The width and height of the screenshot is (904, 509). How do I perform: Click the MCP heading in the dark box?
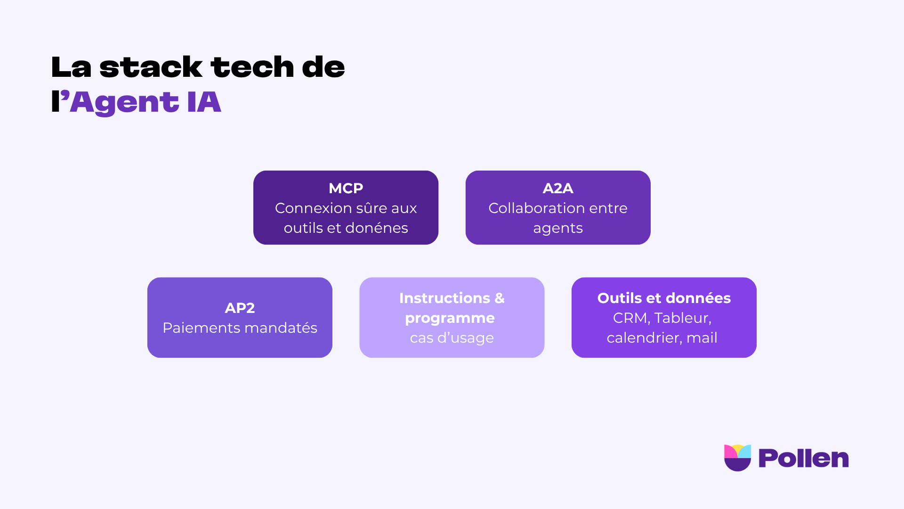[x=346, y=188]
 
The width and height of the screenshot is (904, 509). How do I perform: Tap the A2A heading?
[x=558, y=188]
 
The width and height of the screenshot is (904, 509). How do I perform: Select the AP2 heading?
[x=240, y=308]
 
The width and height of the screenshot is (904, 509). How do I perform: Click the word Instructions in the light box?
[x=444, y=298]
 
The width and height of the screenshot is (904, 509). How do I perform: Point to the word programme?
[x=450, y=318]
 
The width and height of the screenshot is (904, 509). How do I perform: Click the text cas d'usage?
[x=452, y=338]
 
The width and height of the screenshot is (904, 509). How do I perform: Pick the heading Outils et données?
[x=664, y=298]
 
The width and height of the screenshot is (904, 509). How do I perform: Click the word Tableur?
[x=682, y=318]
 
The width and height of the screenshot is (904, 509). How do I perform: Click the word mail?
[x=702, y=338]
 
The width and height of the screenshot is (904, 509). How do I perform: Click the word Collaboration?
[x=533, y=208]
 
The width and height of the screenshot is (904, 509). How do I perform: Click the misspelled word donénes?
[x=377, y=228]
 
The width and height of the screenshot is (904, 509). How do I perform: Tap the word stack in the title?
[x=151, y=67]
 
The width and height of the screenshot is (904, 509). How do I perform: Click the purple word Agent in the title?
[x=124, y=102]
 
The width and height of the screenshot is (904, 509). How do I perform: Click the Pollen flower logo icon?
[x=737, y=458]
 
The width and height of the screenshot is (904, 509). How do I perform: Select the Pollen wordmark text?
[x=803, y=459]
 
